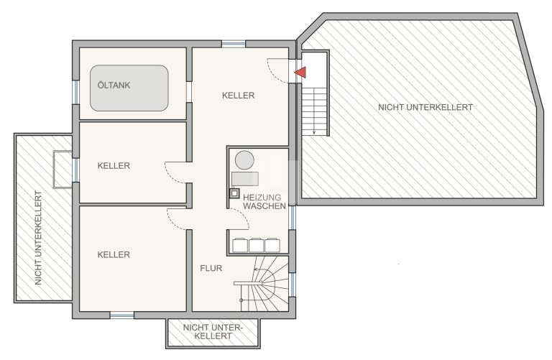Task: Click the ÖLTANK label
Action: coord(114,86)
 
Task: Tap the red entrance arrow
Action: coord(300,73)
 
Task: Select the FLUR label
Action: coord(211,268)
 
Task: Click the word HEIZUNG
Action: coord(262,198)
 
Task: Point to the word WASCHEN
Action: coord(264,206)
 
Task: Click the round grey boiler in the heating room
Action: coord(244,160)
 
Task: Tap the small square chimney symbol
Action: coord(234,193)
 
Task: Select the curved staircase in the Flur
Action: coord(264,284)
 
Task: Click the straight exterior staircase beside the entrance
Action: coord(314,111)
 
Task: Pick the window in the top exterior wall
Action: coord(234,44)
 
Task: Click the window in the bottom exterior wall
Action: coord(121,315)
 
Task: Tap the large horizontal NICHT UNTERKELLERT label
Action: coord(425,107)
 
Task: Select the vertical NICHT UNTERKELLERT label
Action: coord(38,238)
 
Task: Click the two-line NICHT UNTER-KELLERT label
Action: coord(213,331)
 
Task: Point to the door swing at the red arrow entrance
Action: coord(278,70)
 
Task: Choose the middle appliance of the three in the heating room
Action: coord(256,245)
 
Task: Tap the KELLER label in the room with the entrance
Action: coord(239,96)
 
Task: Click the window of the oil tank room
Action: coord(75,92)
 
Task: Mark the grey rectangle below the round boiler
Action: coord(245,179)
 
